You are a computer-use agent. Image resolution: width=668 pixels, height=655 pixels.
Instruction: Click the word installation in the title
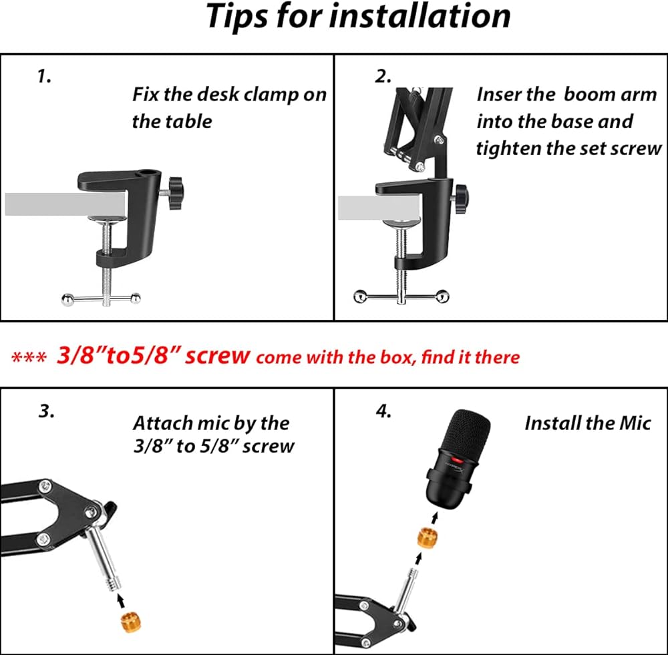pos(420,16)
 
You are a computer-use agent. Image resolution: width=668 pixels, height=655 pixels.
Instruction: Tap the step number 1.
pos(44,76)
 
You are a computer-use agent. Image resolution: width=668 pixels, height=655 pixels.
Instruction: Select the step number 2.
pos(383,76)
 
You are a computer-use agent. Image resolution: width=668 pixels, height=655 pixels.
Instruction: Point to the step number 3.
pos(47,411)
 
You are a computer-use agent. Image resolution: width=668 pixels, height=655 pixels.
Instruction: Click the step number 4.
pos(383,411)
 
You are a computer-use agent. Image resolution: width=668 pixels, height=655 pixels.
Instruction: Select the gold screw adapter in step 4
pos(428,538)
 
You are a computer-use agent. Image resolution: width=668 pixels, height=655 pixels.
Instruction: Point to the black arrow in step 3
pos(122,600)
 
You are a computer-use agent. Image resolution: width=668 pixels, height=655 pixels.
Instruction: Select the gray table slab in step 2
pos(379,208)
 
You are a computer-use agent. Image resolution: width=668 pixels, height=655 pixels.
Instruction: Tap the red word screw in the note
pos(217,356)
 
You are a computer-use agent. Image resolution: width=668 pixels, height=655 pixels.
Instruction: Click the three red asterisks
pos(29,358)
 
